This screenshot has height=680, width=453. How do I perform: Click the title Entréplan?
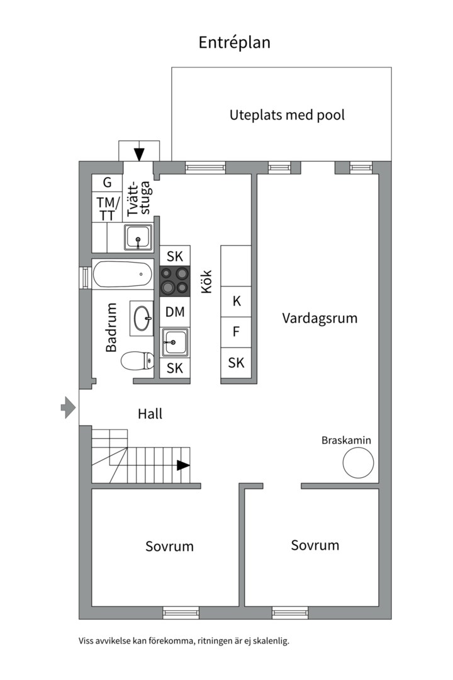(234, 43)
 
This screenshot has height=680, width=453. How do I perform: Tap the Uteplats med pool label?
(287, 115)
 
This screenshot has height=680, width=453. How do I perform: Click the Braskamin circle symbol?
(358, 463)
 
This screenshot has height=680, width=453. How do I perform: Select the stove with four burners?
(175, 281)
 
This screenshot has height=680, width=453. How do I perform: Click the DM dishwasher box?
(175, 312)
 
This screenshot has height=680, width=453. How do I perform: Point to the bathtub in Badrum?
(122, 274)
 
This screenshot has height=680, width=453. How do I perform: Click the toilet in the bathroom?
(137, 360)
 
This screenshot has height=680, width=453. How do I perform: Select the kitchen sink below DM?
(175, 343)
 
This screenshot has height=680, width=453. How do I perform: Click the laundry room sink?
(138, 237)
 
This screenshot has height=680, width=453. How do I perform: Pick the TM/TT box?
(107, 208)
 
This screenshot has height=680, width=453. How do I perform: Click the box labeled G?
(107, 183)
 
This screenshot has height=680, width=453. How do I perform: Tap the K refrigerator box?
(237, 302)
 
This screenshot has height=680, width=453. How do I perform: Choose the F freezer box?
(237, 332)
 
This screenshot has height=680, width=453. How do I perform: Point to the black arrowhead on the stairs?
(183, 465)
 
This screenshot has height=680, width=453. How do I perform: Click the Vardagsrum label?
(320, 319)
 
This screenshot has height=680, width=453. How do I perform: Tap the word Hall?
(150, 414)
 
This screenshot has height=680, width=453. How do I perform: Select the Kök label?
(207, 281)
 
